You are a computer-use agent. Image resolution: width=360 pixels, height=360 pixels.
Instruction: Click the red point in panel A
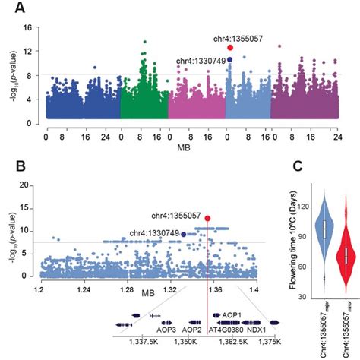tap(230, 47)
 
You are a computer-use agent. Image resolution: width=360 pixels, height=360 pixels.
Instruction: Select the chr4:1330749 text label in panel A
tap(201, 60)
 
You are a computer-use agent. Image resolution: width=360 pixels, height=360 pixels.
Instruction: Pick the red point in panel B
tap(207, 218)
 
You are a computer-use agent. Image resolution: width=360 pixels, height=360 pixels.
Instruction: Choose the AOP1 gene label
tap(231, 314)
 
